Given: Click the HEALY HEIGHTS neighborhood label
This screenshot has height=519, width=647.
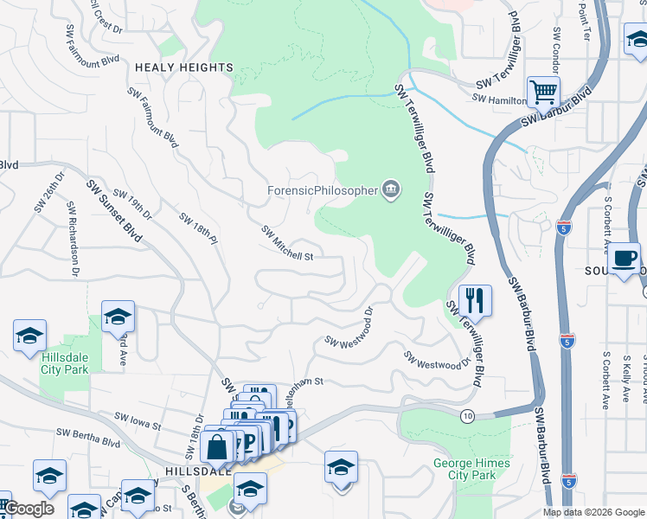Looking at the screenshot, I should [183, 67].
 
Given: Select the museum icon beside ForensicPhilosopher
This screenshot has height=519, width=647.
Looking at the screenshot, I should [391, 189].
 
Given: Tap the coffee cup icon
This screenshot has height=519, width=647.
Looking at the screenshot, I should [624, 257].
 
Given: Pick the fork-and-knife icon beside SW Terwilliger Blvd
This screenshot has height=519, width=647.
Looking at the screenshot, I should [475, 300].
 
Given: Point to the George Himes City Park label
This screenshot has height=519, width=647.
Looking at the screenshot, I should [471, 469].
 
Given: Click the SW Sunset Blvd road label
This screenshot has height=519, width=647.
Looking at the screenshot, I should [113, 211].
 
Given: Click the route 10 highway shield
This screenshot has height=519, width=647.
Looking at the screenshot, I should [468, 416].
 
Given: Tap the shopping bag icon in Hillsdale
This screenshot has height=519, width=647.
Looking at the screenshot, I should [216, 447].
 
